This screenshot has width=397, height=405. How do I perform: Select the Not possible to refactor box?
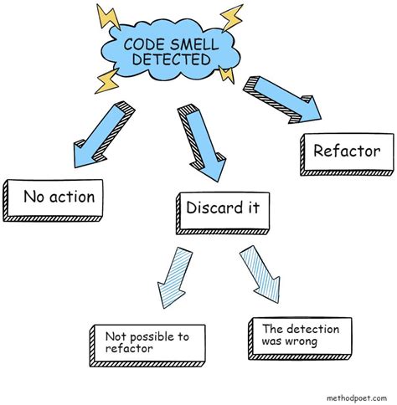coord(147,343)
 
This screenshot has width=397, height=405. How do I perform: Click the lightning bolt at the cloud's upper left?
coord(107,16)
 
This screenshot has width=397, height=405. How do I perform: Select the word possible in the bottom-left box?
coord(146,336)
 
